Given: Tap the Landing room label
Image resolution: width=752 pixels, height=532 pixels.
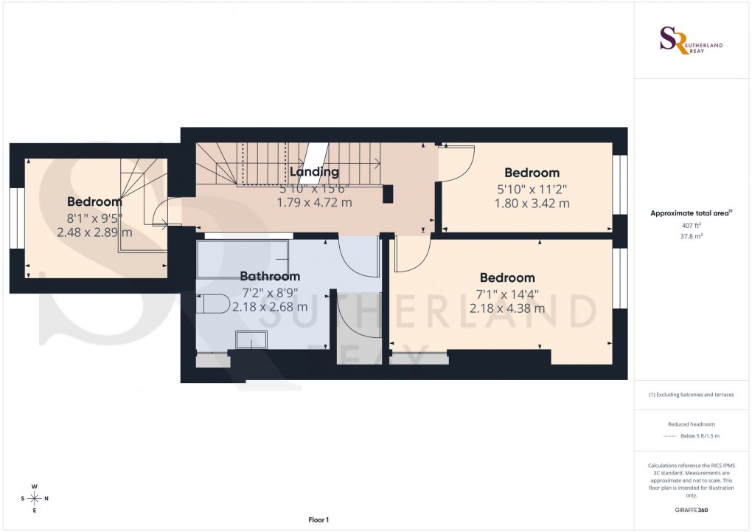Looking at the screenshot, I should click(x=314, y=172).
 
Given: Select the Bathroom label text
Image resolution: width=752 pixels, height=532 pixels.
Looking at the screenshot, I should click(x=270, y=276).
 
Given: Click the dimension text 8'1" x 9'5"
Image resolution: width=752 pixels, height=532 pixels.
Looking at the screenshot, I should click(x=94, y=217).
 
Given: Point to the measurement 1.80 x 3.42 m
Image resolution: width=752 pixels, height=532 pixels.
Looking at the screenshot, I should click(x=532, y=203).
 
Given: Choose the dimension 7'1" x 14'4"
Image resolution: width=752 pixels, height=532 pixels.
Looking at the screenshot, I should click(x=507, y=293).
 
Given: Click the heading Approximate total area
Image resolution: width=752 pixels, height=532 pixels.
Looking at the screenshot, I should click(x=691, y=213).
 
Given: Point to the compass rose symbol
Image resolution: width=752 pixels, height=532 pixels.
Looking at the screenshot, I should click(x=34, y=498).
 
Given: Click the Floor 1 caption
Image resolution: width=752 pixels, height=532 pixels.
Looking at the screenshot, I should click(x=318, y=520).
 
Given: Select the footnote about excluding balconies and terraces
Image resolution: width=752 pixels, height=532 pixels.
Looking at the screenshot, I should click(x=692, y=395).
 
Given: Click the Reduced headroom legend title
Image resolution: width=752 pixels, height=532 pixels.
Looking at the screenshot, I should click(x=692, y=424).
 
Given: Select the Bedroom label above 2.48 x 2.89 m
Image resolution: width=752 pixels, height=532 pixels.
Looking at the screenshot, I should click(x=94, y=201).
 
